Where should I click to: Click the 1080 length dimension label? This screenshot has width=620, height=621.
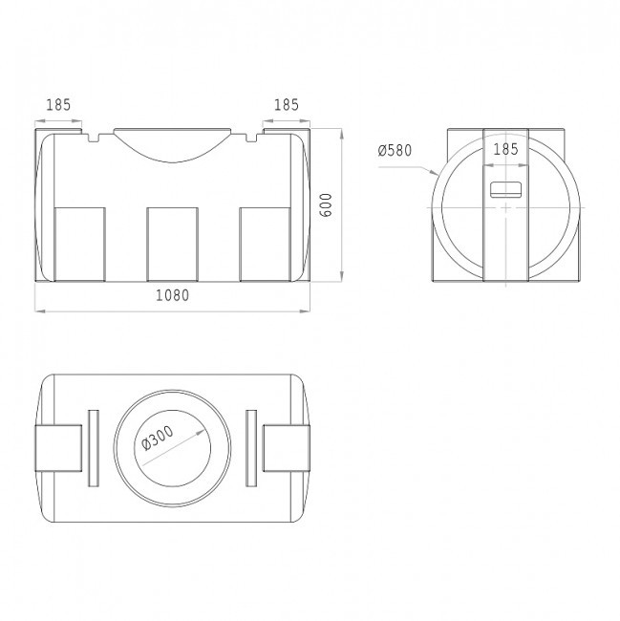pos(172,295)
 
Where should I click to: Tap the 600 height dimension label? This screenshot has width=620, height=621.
pos(326,204)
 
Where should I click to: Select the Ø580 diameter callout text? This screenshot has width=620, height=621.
pos(395,151)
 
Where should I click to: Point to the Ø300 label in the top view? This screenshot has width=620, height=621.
pos(158,438)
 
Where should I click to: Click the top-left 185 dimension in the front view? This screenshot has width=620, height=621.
pos(58,105)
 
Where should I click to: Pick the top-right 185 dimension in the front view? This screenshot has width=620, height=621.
pos(287,105)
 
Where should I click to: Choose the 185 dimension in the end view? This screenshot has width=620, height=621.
pos(505,149)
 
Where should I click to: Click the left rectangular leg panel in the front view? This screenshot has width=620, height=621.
pos(79,244)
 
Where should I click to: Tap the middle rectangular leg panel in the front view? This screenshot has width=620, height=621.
pos(172,244)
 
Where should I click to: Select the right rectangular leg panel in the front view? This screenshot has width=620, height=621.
pos(266,244)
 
